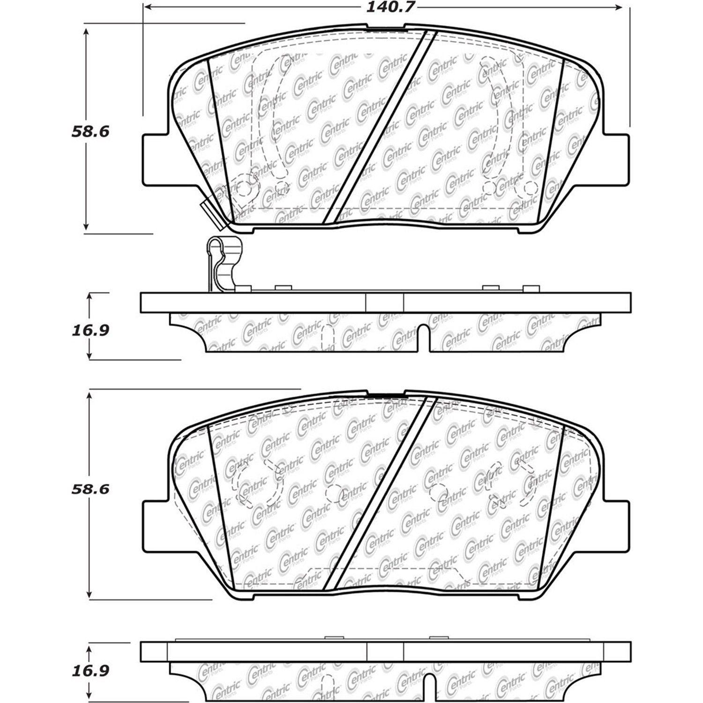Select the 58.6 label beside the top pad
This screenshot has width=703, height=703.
(x=90, y=131)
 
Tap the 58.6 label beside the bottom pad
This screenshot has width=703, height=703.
(x=90, y=489)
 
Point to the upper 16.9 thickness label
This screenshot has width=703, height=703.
(x=90, y=330)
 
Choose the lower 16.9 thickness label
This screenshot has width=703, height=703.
(x=90, y=671)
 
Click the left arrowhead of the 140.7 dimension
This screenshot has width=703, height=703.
(x=146, y=7)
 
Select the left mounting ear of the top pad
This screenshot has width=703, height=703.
(x=155, y=159)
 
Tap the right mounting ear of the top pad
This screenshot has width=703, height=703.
(x=616, y=159)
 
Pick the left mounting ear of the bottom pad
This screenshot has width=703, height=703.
(x=155, y=525)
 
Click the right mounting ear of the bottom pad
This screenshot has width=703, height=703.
(x=616, y=525)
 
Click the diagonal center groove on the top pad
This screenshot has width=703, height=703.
(x=380, y=127)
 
